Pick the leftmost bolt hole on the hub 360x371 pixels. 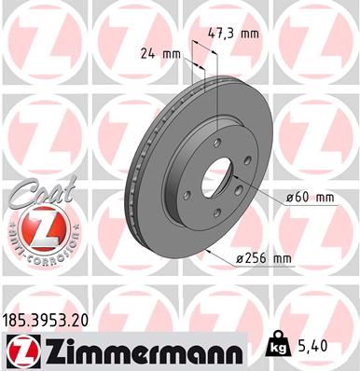pos(187,194)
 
